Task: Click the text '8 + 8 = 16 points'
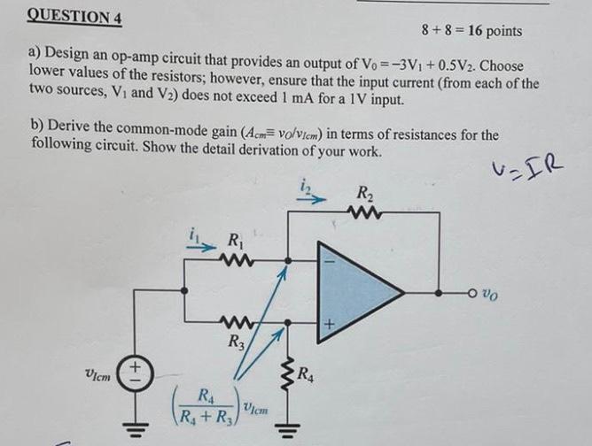(x=471, y=31)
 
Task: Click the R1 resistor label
(x=236, y=238)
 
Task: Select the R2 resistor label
(x=365, y=194)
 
